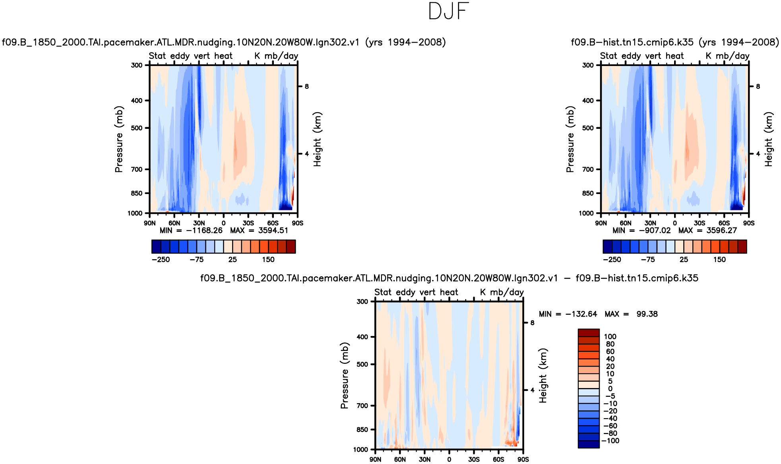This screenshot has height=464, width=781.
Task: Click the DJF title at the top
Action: [x=449, y=12]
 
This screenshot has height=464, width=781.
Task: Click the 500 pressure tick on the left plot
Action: [x=137, y=128]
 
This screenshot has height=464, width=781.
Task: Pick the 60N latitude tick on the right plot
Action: [x=626, y=223]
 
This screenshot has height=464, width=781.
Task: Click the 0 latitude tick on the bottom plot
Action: [x=449, y=459]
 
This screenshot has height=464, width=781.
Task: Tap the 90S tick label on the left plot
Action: [x=297, y=223]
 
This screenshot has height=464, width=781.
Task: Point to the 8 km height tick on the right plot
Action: [x=758, y=86]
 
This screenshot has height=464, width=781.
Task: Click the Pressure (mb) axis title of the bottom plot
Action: [x=344, y=375]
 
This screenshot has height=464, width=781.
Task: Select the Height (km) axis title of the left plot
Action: [x=317, y=139]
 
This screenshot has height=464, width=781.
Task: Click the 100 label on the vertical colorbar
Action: [x=610, y=337]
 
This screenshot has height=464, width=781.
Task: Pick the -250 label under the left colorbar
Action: [x=161, y=260]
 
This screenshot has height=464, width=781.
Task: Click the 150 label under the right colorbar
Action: [x=719, y=260]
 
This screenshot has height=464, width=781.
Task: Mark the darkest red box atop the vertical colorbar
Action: [x=588, y=333]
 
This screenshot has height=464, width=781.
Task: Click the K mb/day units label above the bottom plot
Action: [x=502, y=292]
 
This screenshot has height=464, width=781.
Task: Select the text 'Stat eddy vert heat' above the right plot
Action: [x=641, y=56]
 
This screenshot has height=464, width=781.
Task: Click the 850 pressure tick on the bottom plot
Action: [x=362, y=429]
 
